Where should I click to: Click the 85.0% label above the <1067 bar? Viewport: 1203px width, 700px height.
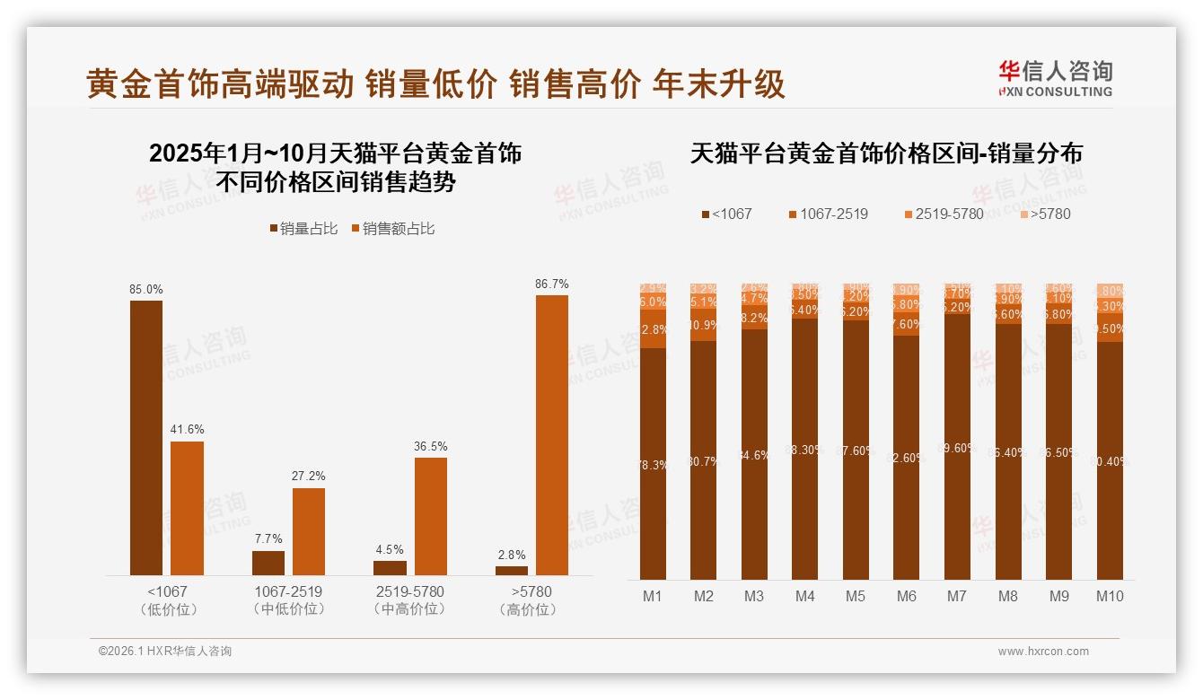coord(146,290)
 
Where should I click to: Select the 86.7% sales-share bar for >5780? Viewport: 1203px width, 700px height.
coord(552,435)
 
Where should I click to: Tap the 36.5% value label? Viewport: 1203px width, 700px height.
coord(430,446)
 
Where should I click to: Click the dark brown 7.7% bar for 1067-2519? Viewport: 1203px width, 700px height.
coord(268,563)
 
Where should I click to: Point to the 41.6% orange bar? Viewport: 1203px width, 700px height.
coord(187,508)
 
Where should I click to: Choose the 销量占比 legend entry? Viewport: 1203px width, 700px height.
coord(303,229)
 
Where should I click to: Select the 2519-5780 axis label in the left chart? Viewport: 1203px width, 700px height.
coord(410,592)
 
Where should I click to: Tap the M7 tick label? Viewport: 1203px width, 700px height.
coord(957,596)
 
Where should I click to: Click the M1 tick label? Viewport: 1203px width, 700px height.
coord(653,596)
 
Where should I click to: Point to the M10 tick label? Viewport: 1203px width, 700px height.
coord(1110,596)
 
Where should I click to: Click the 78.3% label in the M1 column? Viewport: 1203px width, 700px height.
coord(653,465)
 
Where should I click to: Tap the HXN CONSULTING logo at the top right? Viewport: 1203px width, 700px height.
coord(1055,79)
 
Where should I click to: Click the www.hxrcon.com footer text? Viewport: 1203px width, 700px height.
coord(1042,652)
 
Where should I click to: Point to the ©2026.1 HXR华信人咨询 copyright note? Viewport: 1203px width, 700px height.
coord(165,652)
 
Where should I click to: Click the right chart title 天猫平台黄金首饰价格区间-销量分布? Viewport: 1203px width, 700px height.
coord(886,153)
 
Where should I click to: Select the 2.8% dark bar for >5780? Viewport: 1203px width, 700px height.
coord(512,570)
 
